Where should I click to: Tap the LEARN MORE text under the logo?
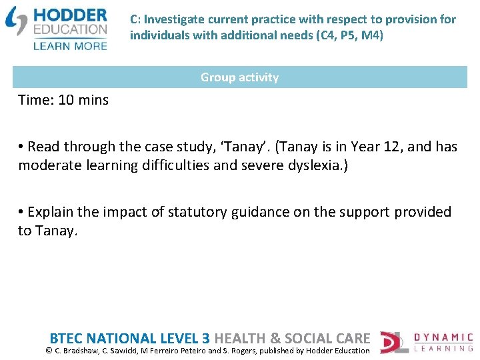tap(69, 45)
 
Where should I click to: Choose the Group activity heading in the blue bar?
tap(239, 77)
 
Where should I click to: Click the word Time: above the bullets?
tap(36, 100)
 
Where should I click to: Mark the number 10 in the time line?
tap(66, 100)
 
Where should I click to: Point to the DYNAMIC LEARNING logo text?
tap(443, 342)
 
